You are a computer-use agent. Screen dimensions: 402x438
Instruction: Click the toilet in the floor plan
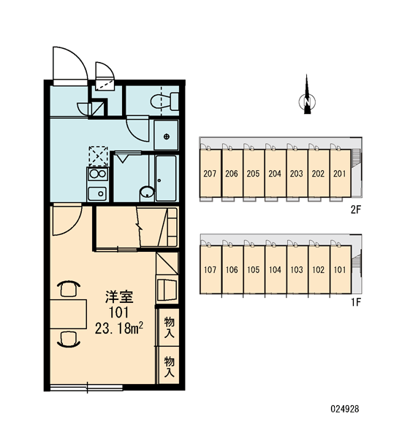164,101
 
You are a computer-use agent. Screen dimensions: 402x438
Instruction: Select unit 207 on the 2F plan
210,173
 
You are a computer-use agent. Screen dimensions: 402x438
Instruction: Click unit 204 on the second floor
275,173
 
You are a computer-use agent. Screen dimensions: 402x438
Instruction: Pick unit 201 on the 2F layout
340,173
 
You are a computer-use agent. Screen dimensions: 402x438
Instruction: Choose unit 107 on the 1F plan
211,269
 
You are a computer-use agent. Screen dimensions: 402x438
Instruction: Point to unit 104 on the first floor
276,269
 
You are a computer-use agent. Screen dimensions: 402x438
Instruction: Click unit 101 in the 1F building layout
340,269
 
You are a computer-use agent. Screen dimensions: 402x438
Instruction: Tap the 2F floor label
356,210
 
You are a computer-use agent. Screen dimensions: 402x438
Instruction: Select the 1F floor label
357,302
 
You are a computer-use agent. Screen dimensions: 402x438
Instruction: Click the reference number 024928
345,409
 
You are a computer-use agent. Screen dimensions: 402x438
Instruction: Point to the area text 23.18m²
119,328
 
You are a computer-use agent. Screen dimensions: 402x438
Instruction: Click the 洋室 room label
119,297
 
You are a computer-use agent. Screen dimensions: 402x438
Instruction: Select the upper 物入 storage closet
169,327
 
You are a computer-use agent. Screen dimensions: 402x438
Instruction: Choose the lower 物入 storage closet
169,366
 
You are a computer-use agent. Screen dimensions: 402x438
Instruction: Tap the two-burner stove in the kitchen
98,174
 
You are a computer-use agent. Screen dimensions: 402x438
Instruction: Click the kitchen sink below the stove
97,193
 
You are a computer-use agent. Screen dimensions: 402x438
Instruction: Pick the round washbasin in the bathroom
147,192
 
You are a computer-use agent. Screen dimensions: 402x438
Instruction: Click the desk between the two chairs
69,314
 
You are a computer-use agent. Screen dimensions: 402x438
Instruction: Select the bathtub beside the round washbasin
166,178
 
